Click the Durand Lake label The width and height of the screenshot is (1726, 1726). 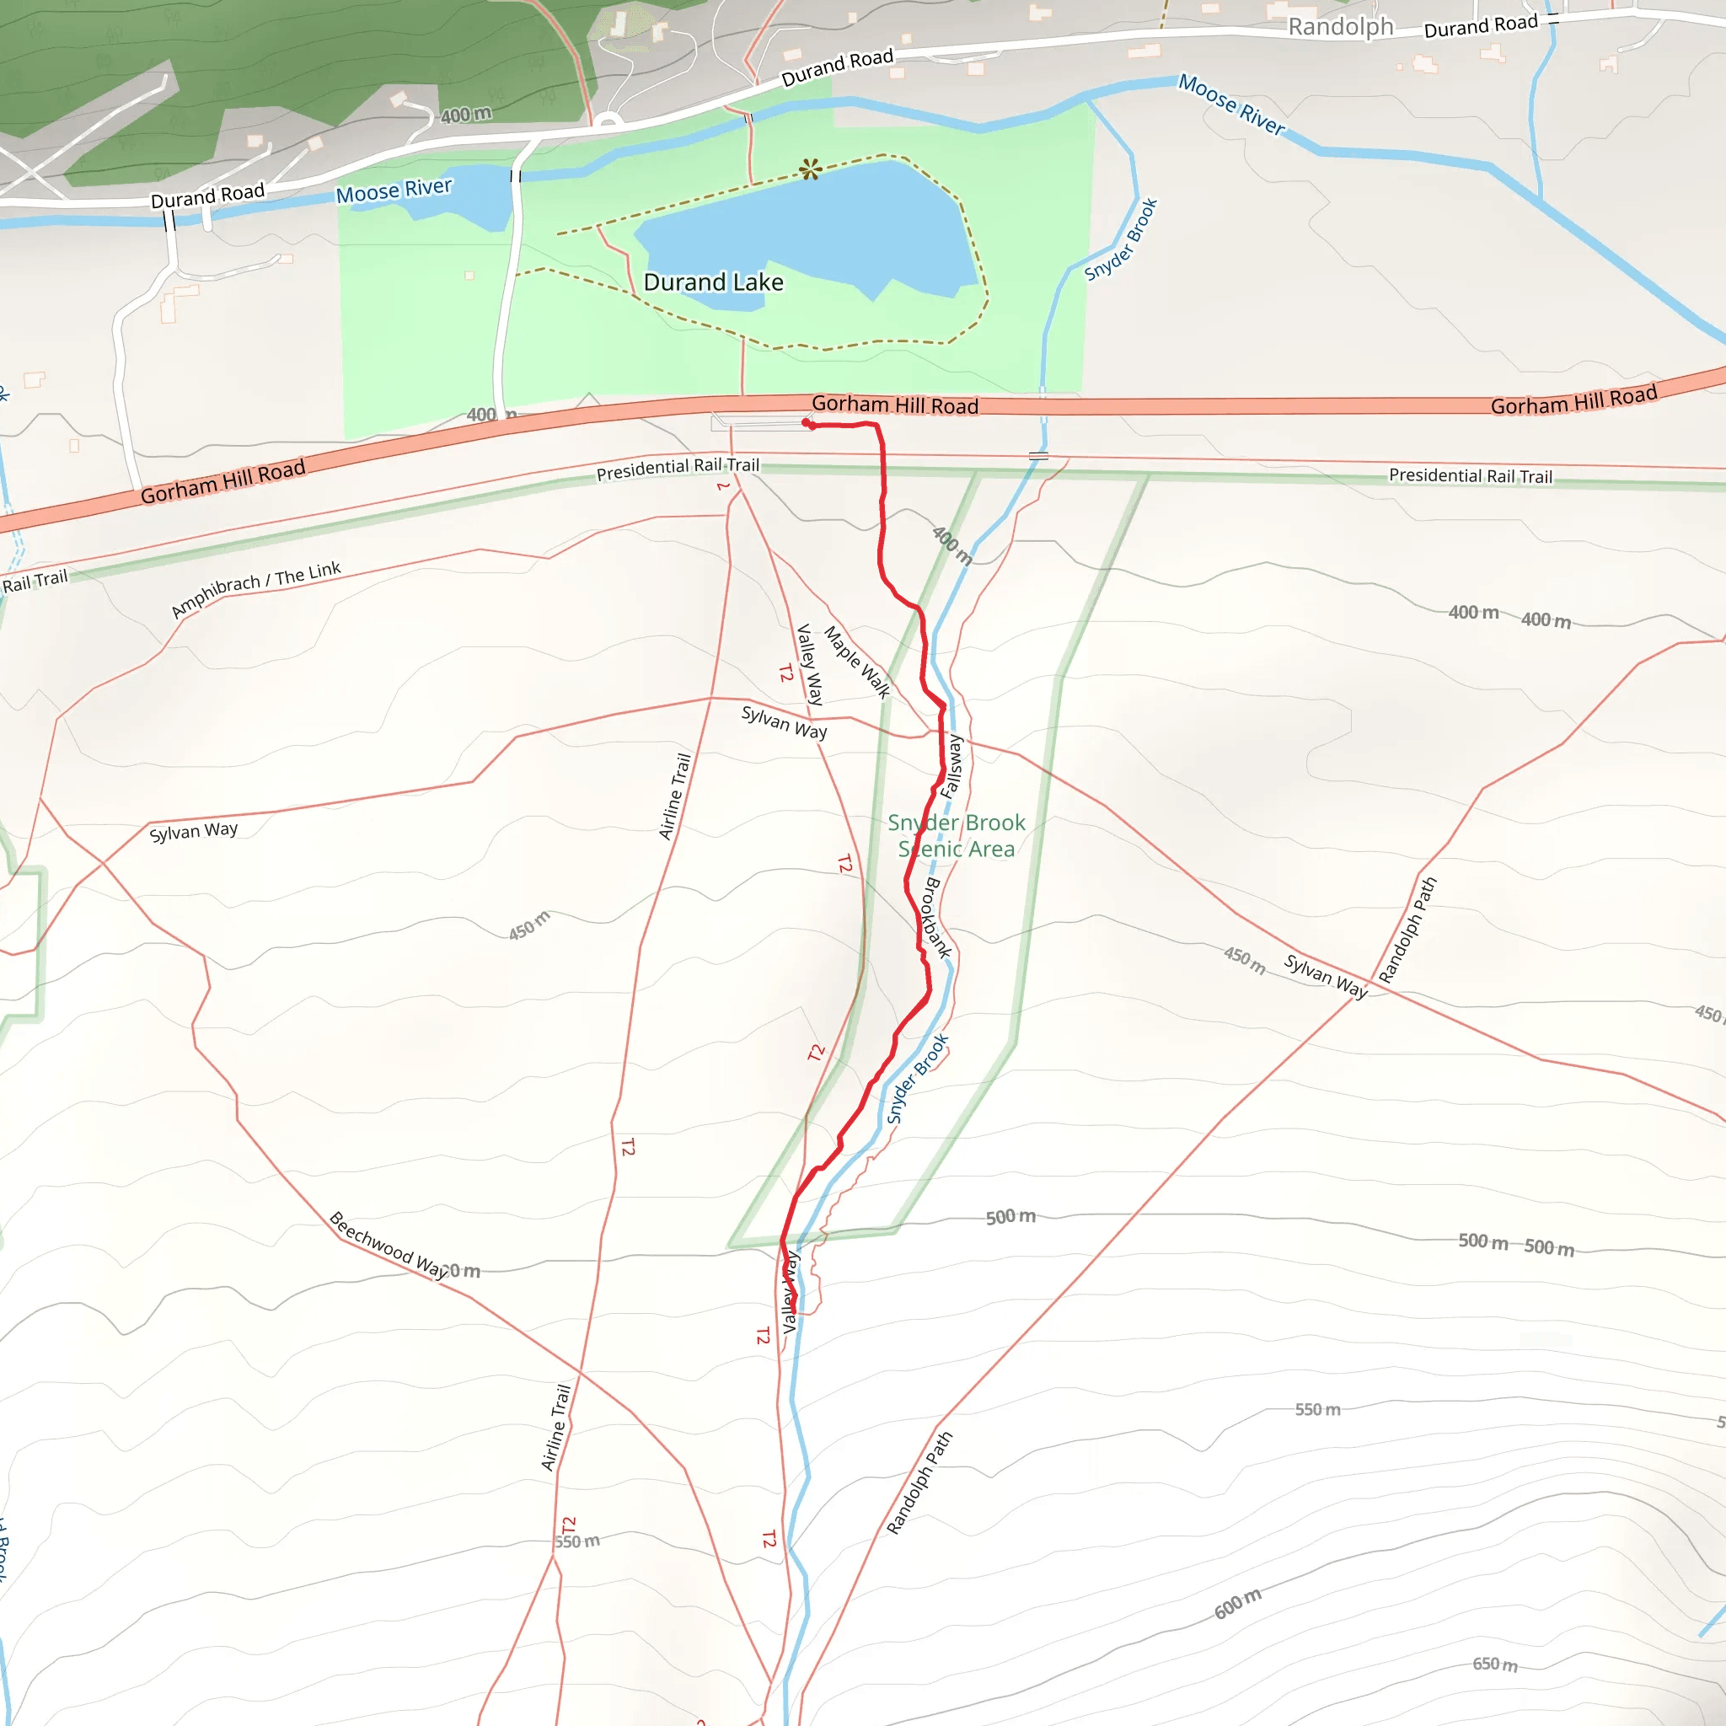713,282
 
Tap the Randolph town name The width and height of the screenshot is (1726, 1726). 1340,27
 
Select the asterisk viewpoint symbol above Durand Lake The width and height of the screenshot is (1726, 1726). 810,168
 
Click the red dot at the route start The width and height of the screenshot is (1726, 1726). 806,422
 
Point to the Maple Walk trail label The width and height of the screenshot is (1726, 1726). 857,661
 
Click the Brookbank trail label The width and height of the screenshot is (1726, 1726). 935,918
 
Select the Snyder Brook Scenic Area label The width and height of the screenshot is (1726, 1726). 956,835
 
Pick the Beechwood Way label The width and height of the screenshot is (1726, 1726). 389,1245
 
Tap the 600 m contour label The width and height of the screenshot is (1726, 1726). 1237,1604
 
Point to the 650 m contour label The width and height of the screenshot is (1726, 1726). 1494,1664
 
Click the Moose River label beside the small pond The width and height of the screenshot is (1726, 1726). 394,190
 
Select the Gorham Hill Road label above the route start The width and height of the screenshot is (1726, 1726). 894,405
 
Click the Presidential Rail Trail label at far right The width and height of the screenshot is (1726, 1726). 1471,475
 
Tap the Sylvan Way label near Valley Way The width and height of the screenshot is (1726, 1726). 785,722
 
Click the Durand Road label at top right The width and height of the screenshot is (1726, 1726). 1480,26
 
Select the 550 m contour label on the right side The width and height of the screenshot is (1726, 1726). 1318,1409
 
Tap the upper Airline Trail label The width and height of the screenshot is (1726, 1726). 675,796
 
